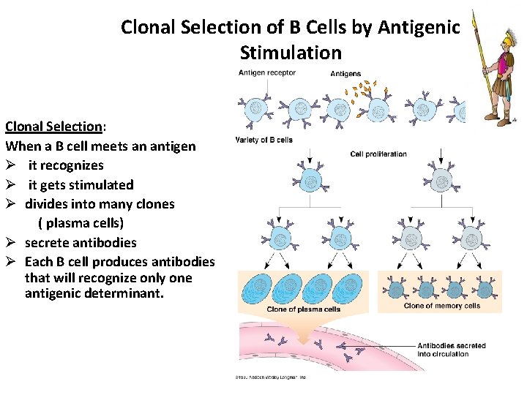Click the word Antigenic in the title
(x=419, y=28)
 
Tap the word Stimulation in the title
(x=290, y=53)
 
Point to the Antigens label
(x=345, y=74)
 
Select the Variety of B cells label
(x=263, y=140)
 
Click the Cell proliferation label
(x=378, y=154)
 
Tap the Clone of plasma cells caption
(x=303, y=309)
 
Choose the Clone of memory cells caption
(x=441, y=306)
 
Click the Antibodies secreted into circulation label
(x=452, y=350)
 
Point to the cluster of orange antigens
(x=359, y=92)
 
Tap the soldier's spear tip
(x=474, y=18)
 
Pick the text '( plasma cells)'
(x=81, y=223)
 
